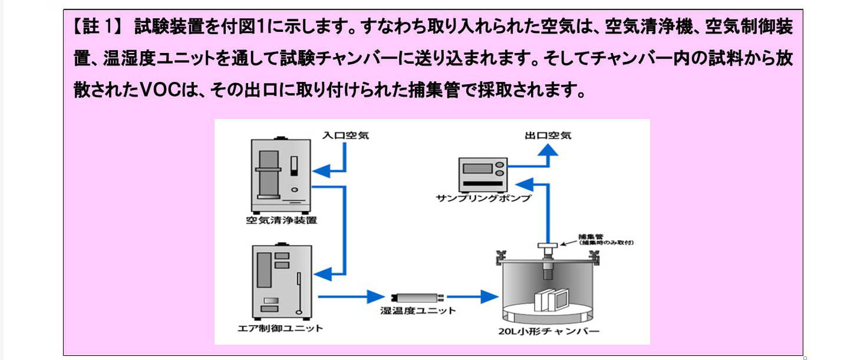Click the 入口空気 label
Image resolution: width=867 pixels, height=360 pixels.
tap(346, 135)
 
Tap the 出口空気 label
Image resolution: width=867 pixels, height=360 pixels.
tap(547, 135)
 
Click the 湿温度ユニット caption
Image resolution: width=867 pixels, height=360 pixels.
tap(418, 311)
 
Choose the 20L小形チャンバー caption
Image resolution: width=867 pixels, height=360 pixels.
tap(548, 331)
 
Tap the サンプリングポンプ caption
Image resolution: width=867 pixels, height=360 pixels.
tap(484, 197)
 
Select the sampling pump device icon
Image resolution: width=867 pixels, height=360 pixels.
tap(482, 173)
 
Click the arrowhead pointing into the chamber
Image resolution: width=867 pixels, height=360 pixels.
tap(491, 296)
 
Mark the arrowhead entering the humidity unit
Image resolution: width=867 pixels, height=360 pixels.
tap(376, 296)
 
